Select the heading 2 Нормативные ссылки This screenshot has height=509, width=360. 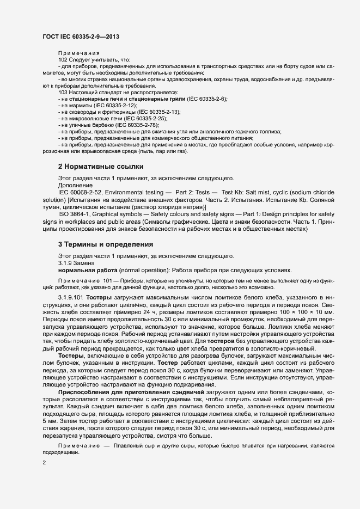pyautogui.click(x=101, y=166)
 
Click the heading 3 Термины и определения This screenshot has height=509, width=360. pyautogui.click(x=105, y=244)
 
